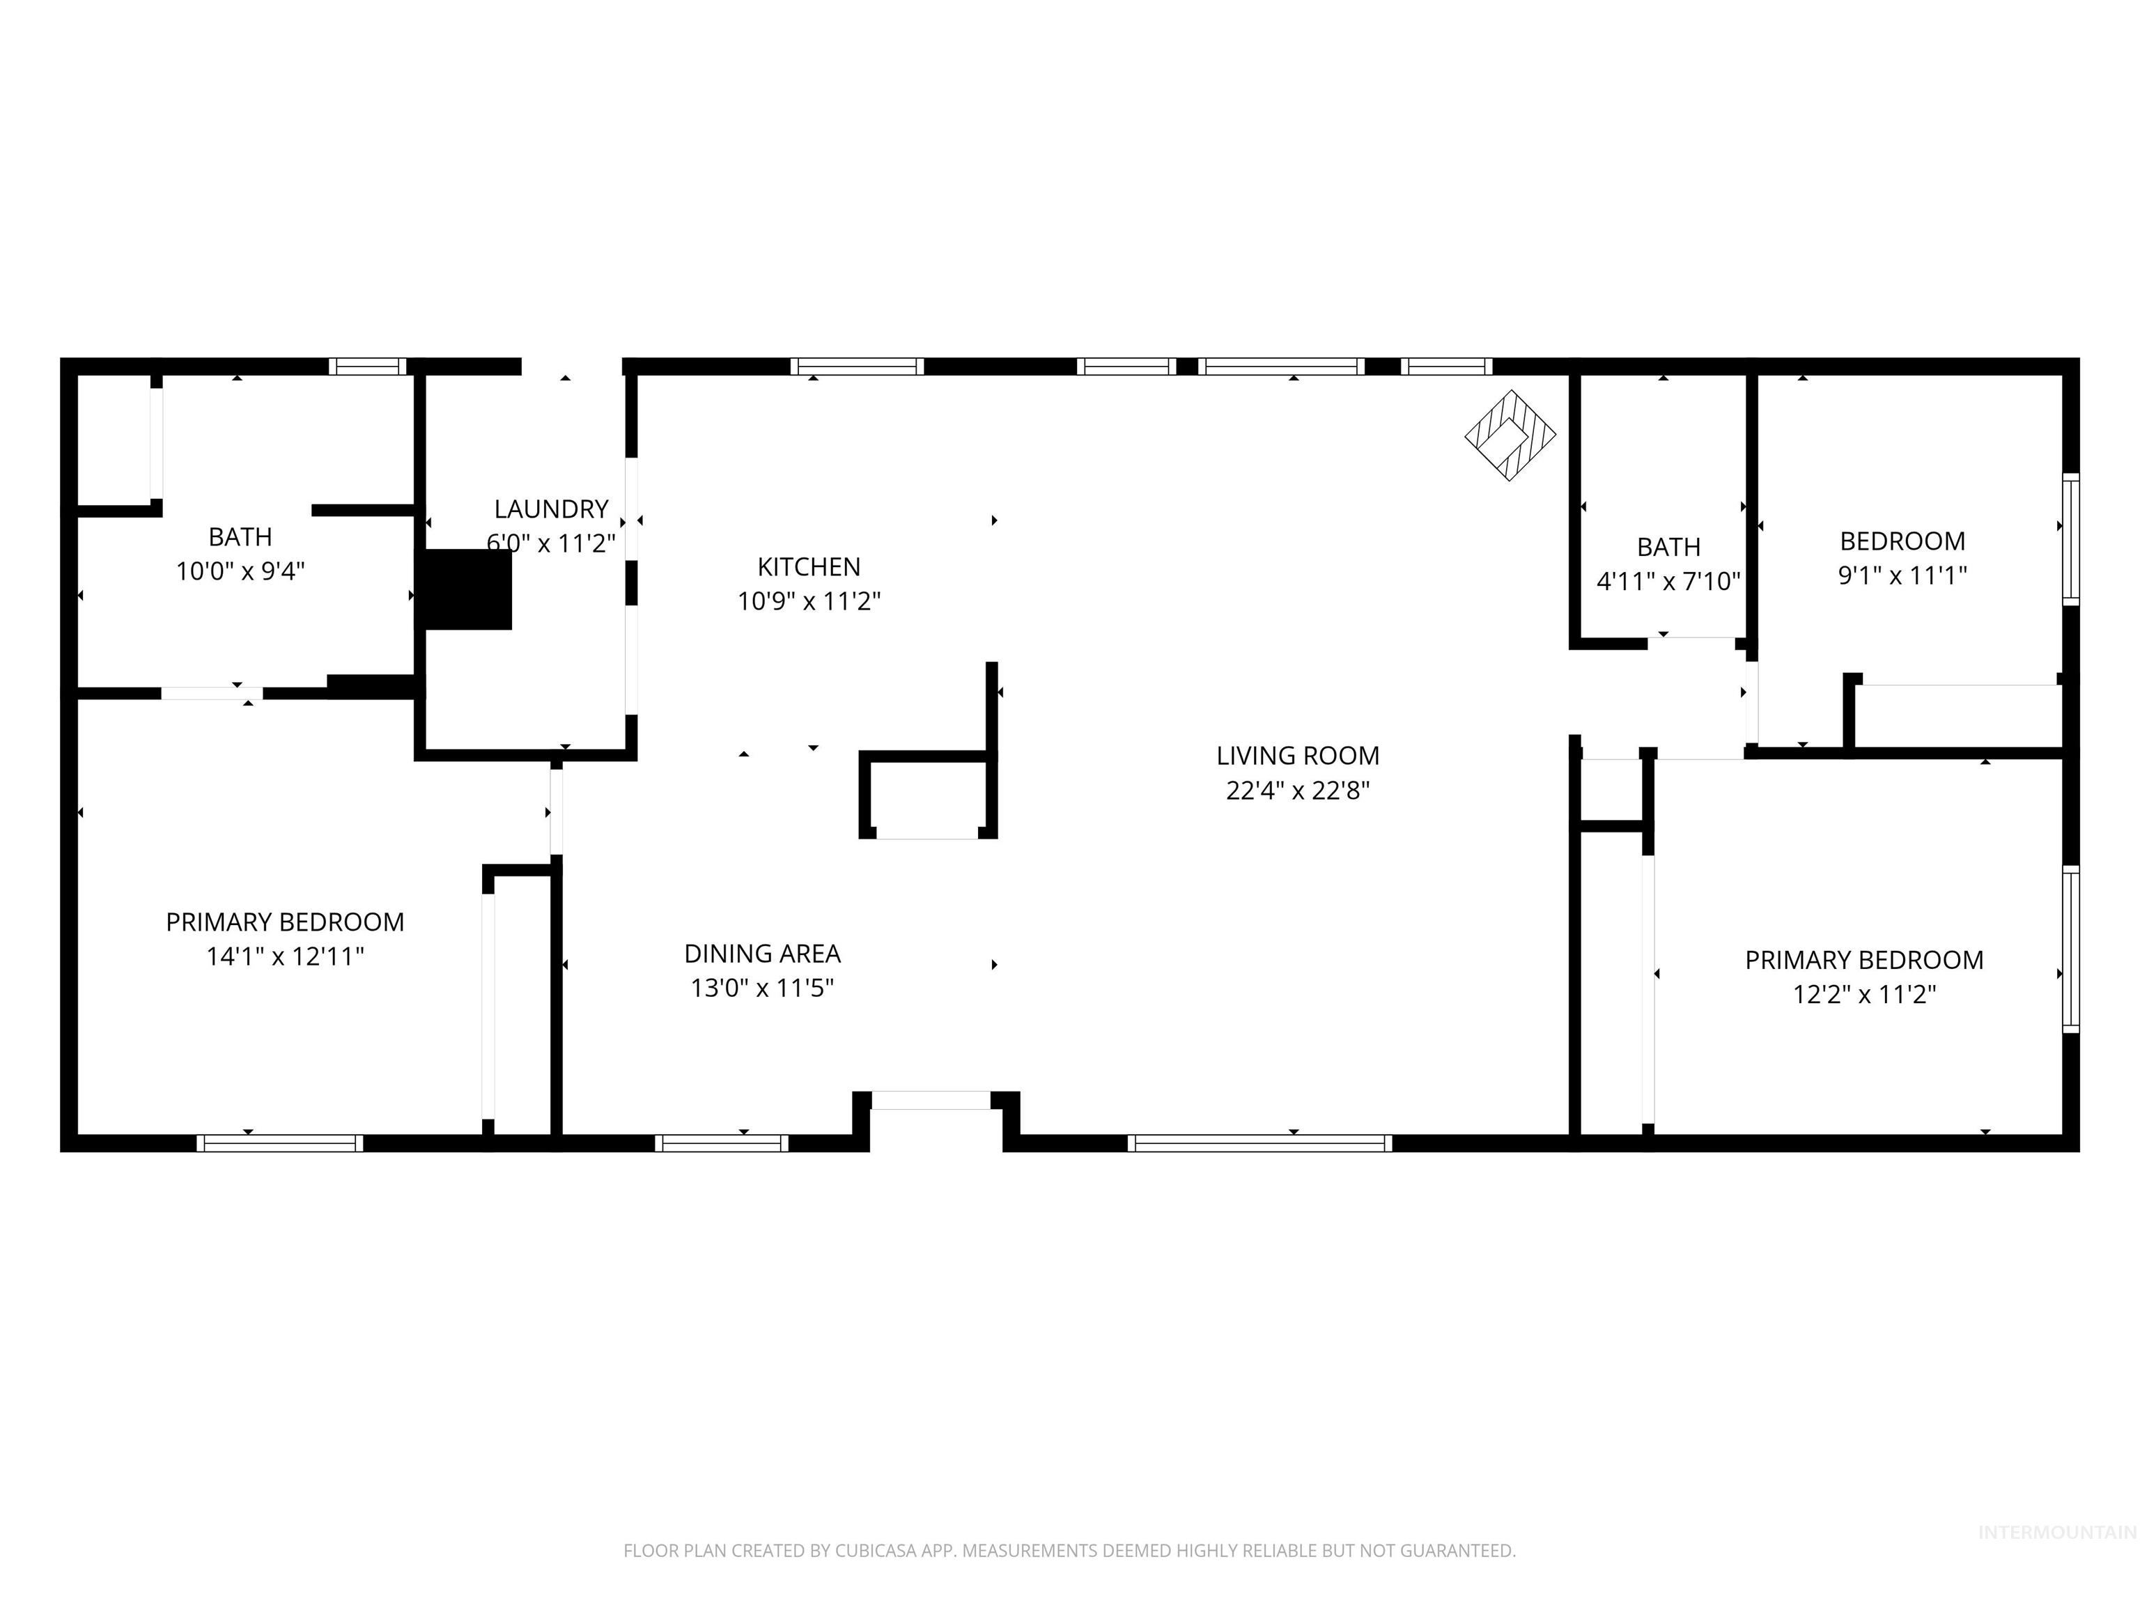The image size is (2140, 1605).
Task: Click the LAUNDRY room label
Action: [550, 509]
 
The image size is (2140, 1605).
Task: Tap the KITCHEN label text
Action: [809, 567]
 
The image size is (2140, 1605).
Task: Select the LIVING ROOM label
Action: [1297, 756]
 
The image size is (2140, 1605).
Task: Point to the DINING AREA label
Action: [762, 954]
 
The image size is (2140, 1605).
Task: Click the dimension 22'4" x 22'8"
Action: [1297, 791]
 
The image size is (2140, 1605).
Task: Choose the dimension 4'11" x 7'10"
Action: [1668, 582]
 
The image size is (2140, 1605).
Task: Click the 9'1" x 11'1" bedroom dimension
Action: [1902, 575]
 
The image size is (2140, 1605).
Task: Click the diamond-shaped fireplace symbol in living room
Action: [1510, 435]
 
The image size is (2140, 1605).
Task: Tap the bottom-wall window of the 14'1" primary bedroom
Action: [279, 1142]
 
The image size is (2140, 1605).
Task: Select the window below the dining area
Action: [721, 1142]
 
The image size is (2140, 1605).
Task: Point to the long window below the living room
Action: [1259, 1142]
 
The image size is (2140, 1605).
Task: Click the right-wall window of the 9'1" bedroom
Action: [2070, 539]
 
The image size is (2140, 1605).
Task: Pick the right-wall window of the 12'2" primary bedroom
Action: [2070, 949]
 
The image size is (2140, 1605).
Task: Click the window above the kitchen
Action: [856, 366]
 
